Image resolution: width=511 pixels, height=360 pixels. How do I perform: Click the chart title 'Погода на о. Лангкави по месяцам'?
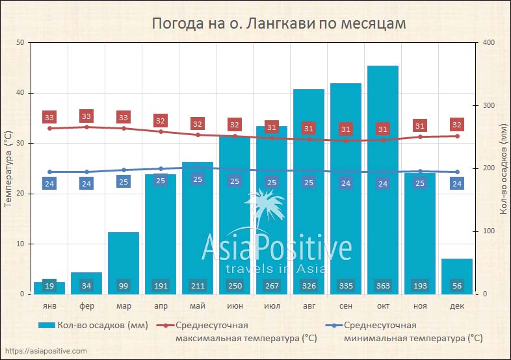coord(278,23)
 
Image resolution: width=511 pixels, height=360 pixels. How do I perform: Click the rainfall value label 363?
coord(382,285)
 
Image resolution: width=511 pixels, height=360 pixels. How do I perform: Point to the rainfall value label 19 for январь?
coord(49,285)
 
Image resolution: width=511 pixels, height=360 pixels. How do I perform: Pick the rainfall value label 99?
coord(124,285)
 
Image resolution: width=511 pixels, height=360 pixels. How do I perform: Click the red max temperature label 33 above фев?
coord(86,116)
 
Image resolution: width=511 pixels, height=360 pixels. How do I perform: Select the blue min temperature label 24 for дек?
coord(456,183)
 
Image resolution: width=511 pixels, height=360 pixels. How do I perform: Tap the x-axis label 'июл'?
coord(271,306)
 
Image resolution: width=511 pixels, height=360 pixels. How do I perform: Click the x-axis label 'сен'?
coord(345,306)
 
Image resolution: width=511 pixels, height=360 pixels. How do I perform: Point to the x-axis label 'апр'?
coord(161,306)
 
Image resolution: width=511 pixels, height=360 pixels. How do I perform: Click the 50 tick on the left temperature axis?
coord(20,43)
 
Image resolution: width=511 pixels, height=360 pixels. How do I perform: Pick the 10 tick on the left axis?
coord(20,244)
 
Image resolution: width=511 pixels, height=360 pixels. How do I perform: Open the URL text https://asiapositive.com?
coord(46,351)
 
